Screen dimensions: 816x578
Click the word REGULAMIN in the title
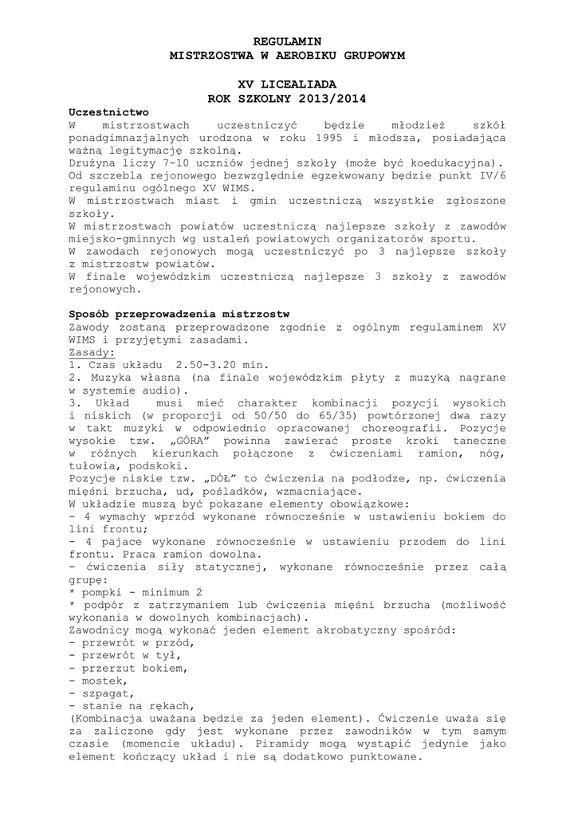(289, 40)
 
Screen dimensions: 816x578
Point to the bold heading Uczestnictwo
(108, 112)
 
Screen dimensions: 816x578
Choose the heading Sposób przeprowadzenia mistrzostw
(179, 314)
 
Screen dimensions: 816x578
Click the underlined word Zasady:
(92, 351)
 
